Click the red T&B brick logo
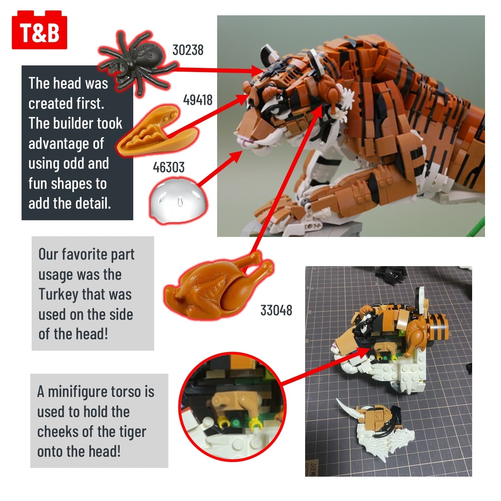[39, 30]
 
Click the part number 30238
[188, 50]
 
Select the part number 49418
[198, 100]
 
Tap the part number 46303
[168, 167]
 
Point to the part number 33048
[276, 310]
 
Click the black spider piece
[138, 62]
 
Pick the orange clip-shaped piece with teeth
[157, 130]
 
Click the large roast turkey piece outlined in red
[219, 286]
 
